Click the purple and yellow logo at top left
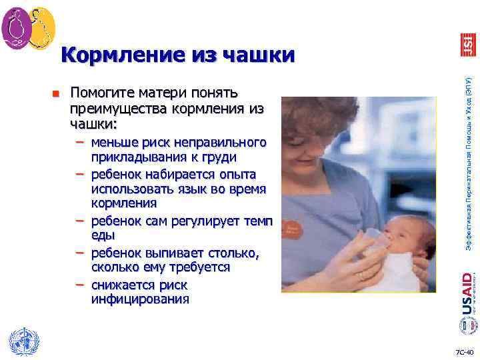(28, 27)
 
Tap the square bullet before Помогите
(57, 93)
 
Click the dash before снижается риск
(80, 285)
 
